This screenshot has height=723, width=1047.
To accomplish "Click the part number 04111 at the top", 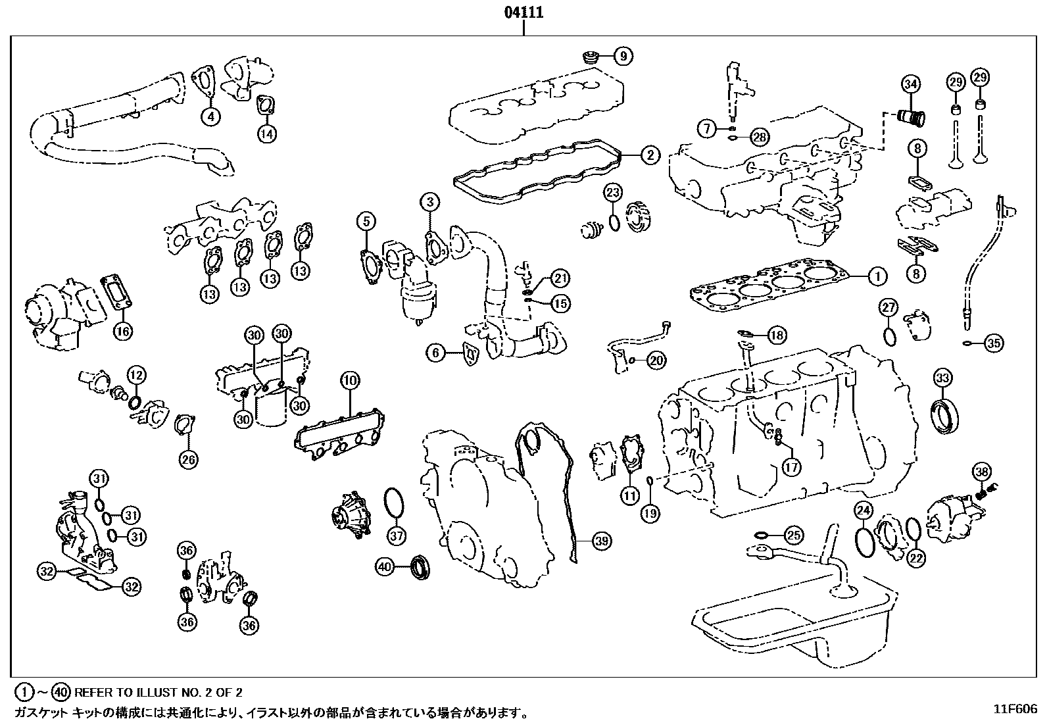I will pyautogui.click(x=523, y=12).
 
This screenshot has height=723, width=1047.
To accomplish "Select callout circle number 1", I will pyautogui.click(x=877, y=276).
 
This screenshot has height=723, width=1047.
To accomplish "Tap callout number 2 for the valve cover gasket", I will pyautogui.click(x=649, y=155).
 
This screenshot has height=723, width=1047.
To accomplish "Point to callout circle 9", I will pyautogui.click(x=623, y=57).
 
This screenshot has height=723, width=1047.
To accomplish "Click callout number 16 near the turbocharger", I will pyautogui.click(x=123, y=331).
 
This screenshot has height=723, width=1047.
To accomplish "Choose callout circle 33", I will pyautogui.click(x=942, y=378).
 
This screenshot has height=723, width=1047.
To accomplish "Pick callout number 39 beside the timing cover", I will pyautogui.click(x=601, y=541).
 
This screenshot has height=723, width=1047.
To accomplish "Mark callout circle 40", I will pyautogui.click(x=385, y=565).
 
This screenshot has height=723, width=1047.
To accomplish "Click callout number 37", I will pyautogui.click(x=396, y=536).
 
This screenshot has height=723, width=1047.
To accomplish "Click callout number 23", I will pyautogui.click(x=613, y=193).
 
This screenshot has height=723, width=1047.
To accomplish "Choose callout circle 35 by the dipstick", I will pyautogui.click(x=994, y=343).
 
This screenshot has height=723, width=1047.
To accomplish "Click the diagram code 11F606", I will pyautogui.click(x=1015, y=709).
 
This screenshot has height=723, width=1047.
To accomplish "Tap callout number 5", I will pyautogui.click(x=366, y=222).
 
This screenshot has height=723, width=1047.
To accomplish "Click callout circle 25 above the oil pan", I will pyautogui.click(x=794, y=536).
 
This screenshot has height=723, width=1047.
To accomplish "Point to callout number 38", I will pyautogui.click(x=982, y=472).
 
